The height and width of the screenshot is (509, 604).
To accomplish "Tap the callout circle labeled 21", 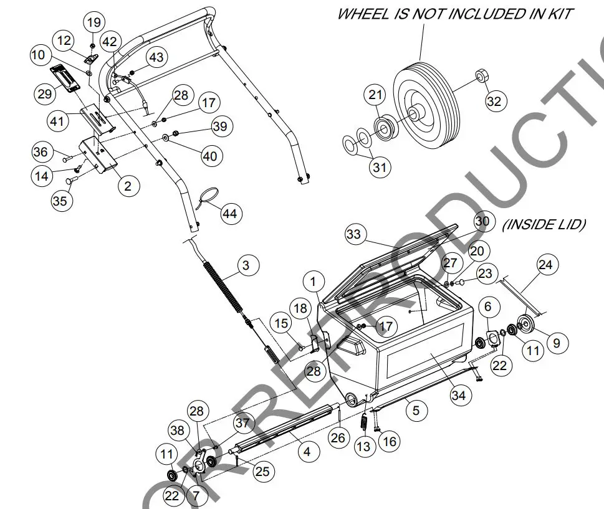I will [x=375, y=95].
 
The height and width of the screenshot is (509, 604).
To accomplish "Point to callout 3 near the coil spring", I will [x=246, y=265].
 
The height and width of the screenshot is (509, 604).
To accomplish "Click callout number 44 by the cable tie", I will [x=231, y=214].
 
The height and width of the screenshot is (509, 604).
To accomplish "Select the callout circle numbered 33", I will [x=353, y=234].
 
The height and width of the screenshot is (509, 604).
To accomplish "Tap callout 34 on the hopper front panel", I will [x=458, y=396].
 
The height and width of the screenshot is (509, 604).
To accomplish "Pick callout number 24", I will [x=545, y=265].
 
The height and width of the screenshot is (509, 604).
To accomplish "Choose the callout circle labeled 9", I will [x=557, y=342].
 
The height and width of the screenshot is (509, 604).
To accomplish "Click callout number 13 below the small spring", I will [x=363, y=446].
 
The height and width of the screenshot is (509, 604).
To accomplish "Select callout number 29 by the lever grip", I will [x=44, y=94].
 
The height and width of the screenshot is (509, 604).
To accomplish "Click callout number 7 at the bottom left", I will [x=196, y=496].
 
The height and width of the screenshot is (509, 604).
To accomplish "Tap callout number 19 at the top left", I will [x=93, y=22].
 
